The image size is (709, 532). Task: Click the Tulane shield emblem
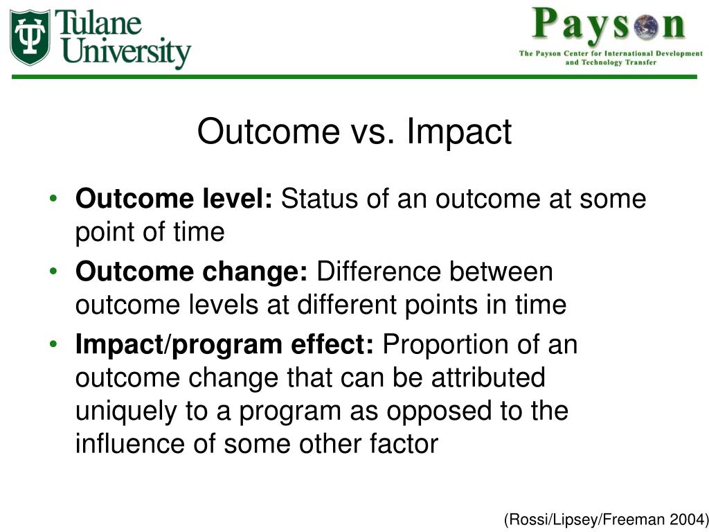(x=30, y=37)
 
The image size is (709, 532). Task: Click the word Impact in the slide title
(x=459, y=132)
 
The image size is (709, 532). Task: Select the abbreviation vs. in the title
(x=372, y=132)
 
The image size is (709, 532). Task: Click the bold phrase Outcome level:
(x=174, y=199)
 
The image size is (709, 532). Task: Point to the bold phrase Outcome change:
(x=192, y=272)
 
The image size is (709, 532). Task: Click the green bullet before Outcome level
(x=53, y=198)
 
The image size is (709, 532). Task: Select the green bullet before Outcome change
(x=53, y=272)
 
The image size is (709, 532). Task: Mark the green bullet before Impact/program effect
(x=53, y=344)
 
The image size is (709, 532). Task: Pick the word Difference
(x=379, y=272)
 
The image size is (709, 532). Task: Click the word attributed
(x=488, y=378)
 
